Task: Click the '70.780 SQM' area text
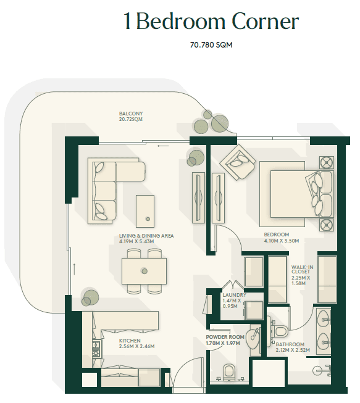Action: pyautogui.click(x=211, y=45)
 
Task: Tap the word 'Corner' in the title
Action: pyautogui.click(x=265, y=21)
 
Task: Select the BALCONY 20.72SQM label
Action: pyautogui.click(x=131, y=117)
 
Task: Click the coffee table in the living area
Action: pyautogui.click(x=145, y=211)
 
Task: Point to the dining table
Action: pyautogui.click(x=144, y=271)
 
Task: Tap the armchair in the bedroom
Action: pyautogui.click(x=238, y=162)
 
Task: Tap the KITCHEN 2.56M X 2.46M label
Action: pyautogui.click(x=136, y=343)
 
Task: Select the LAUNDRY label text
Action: pyautogui.click(x=234, y=295)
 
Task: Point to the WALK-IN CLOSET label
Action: pyautogui.click(x=302, y=269)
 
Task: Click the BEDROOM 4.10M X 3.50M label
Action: pyautogui.click(x=282, y=238)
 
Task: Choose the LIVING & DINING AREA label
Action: pyautogui.click(x=146, y=236)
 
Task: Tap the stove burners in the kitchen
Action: pyautogui.click(x=96, y=349)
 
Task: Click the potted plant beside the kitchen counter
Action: pyautogui.click(x=90, y=298)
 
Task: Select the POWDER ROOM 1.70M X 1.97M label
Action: pyautogui.click(x=225, y=340)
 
